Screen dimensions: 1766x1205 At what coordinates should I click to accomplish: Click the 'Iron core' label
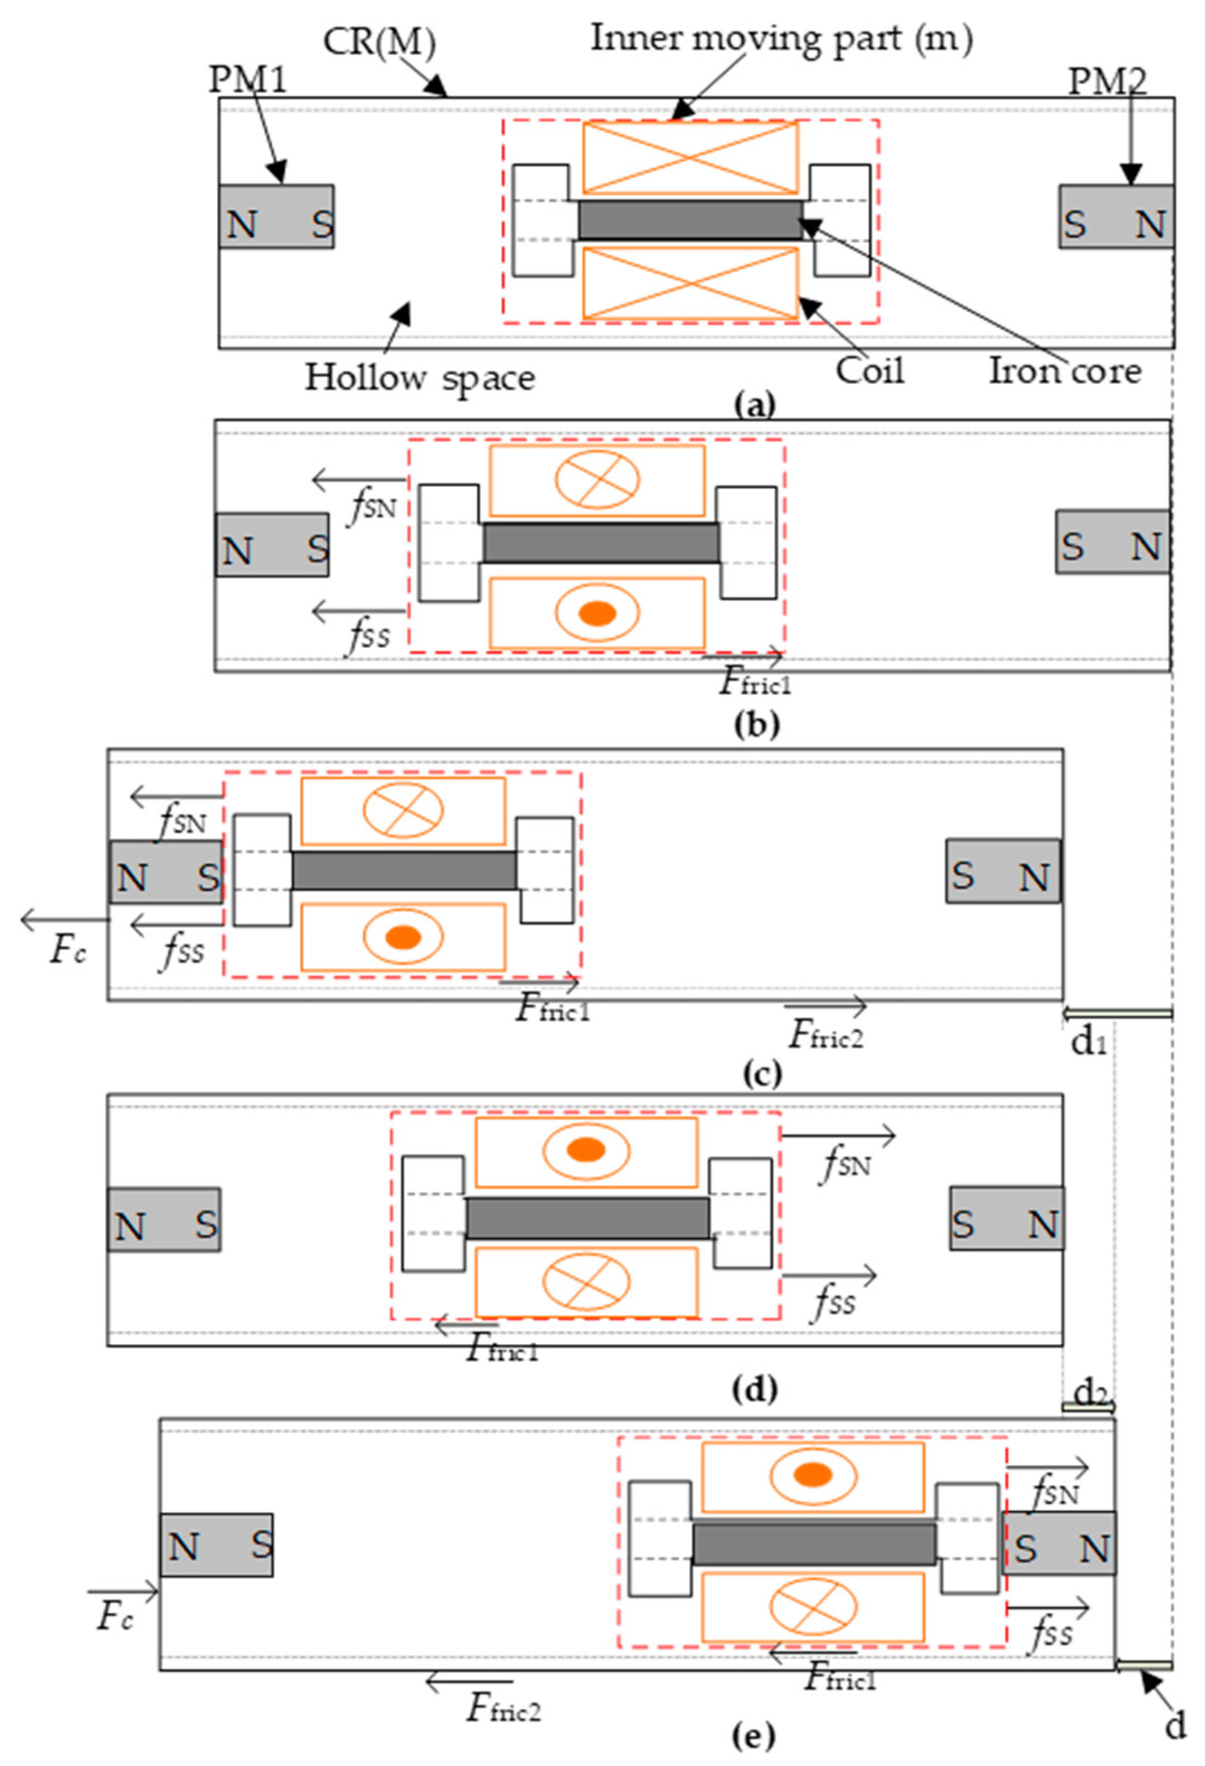[1065, 371]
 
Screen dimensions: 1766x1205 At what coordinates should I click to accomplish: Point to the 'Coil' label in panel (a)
[870, 371]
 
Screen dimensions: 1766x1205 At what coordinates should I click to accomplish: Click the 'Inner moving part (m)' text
[781, 38]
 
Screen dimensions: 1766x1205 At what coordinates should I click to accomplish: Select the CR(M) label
[379, 43]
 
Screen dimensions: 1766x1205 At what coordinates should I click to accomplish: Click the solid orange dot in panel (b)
[597, 612]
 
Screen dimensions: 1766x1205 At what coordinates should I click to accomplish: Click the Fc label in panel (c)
[67, 950]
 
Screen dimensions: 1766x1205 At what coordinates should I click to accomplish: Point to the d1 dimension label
[1088, 1042]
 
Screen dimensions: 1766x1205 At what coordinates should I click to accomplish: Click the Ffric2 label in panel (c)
[826, 1034]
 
